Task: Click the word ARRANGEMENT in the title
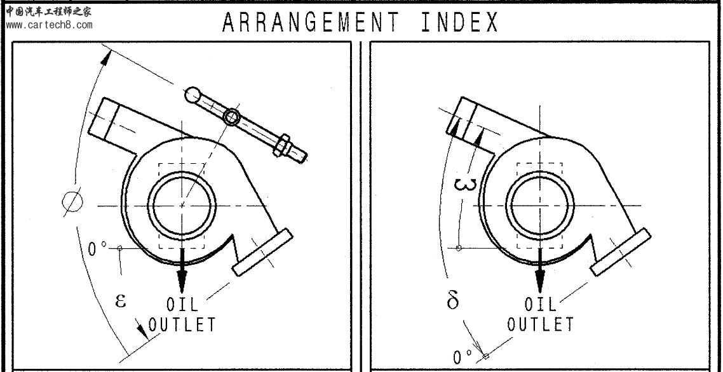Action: pyautogui.click(x=310, y=22)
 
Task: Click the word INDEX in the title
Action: pyautogui.click(x=460, y=22)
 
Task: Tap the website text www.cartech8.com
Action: pyautogui.click(x=50, y=25)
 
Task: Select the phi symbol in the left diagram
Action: pyautogui.click(x=73, y=201)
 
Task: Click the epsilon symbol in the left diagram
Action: pyautogui.click(x=120, y=300)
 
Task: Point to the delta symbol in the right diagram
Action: pyautogui.click(x=453, y=300)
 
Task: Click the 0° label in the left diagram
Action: pyautogui.click(x=97, y=249)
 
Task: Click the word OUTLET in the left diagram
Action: pyautogui.click(x=182, y=324)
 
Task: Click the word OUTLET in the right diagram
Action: pyautogui.click(x=541, y=324)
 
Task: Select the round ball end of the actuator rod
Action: pyautogui.click(x=193, y=95)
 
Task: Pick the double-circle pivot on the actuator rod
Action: pyautogui.click(x=231, y=117)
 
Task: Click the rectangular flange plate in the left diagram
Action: pyautogui.click(x=262, y=252)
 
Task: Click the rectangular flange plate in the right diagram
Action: pyautogui.click(x=620, y=252)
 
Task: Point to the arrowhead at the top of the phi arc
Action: pyautogui.click(x=107, y=58)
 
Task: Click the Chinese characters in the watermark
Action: pyautogui.click(x=48, y=11)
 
